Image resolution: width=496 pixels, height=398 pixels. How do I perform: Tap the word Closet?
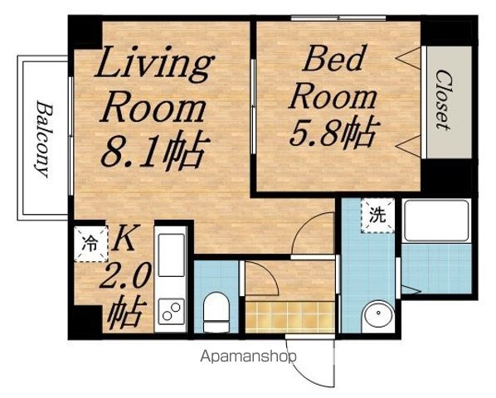[443, 99]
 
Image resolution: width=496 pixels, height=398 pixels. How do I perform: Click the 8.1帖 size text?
[155, 150]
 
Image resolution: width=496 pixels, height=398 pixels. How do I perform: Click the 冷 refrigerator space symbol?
[90, 244]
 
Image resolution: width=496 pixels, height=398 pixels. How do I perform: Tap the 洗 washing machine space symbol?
[378, 216]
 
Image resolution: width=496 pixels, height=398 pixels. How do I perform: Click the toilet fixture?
[216, 312]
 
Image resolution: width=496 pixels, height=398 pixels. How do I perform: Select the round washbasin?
[378, 313]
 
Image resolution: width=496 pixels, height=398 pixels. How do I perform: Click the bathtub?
[436, 221]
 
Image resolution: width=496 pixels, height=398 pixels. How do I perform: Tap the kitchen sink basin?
[171, 255]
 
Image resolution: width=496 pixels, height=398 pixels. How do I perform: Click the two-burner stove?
[171, 311]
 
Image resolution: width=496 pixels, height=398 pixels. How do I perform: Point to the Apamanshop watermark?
[249, 357]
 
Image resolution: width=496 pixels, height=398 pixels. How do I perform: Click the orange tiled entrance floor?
[289, 317]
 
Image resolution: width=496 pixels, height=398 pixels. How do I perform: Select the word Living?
[154, 63]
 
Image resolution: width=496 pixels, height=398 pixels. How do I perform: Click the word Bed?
[333, 59]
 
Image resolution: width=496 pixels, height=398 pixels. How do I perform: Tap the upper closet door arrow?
[408, 58]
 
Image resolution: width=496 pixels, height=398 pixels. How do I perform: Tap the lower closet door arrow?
[408, 146]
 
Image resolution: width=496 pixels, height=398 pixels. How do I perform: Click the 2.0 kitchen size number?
[125, 277]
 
